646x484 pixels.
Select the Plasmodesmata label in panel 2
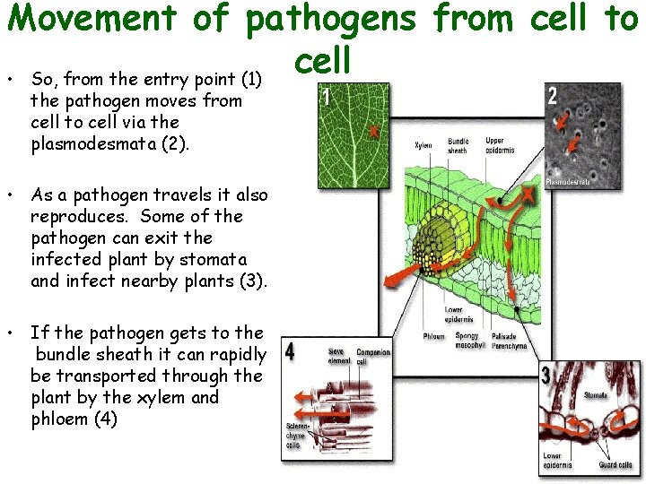[x=569, y=181]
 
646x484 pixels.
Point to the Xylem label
[x=423, y=144]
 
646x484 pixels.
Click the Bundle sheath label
[x=458, y=146]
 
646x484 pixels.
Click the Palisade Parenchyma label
[x=508, y=340]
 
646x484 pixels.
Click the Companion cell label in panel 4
[x=372, y=356]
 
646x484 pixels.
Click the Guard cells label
[x=615, y=465]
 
